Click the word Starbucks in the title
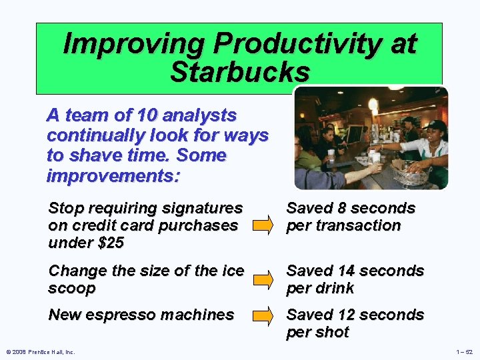tap(240, 72)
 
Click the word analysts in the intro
tap(201, 115)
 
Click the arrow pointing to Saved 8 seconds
tap(265, 217)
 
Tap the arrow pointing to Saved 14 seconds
tap(265, 279)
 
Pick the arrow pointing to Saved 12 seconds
tap(265, 315)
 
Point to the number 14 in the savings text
tap(349, 271)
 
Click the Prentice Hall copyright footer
tap(39, 352)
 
